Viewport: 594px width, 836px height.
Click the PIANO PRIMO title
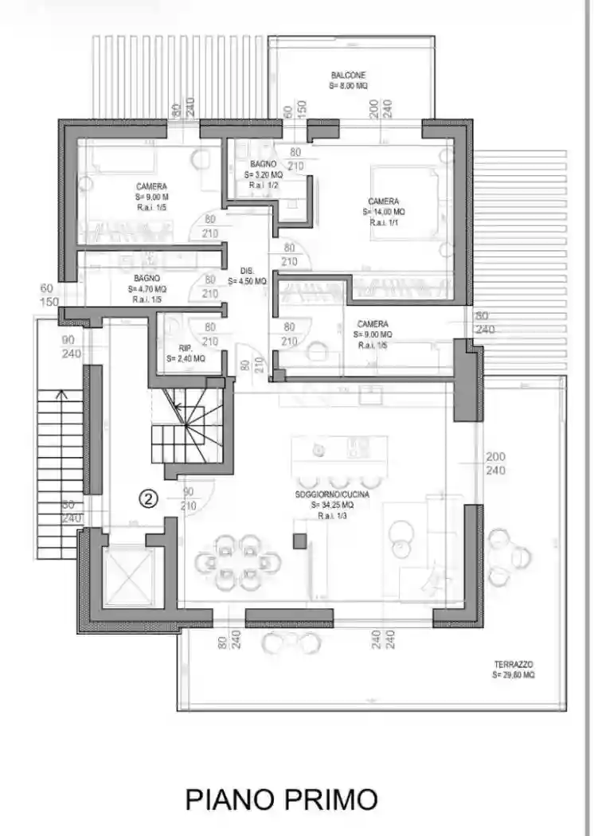[x=281, y=799]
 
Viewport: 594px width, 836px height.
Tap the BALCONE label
[x=349, y=75]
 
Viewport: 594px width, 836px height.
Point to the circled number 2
[x=149, y=498]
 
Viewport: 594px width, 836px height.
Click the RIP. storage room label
[x=186, y=348]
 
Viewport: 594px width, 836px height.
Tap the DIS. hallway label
[x=246, y=270]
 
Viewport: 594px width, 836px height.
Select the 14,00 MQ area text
[x=384, y=212]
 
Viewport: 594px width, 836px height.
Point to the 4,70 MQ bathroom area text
[x=147, y=288]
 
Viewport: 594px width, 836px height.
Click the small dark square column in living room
[x=299, y=541]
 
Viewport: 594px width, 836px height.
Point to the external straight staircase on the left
[x=61, y=473]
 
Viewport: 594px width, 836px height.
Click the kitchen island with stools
[x=339, y=454]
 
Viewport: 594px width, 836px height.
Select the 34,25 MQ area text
[x=335, y=505]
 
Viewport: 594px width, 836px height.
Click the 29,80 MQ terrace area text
[x=514, y=674]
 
